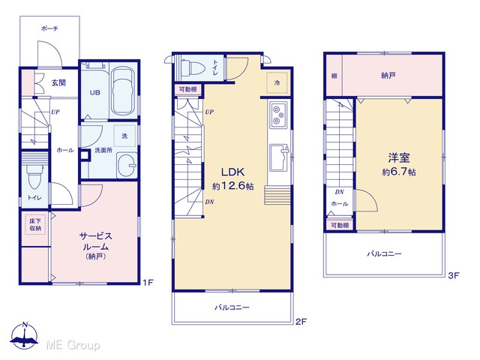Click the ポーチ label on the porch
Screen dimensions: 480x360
pyautogui.click(x=49, y=28)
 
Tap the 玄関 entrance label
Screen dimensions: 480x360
pyautogui.click(x=58, y=82)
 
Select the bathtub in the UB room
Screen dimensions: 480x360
pyautogui.click(x=124, y=91)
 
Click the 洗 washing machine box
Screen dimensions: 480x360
pyautogui.click(x=124, y=136)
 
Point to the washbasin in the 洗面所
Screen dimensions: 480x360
pyautogui.click(x=127, y=165)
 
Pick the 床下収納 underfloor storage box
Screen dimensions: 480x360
pyautogui.click(x=35, y=224)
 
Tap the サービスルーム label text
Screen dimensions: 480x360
pyautogui.click(x=95, y=241)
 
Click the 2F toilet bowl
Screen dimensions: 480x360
pyautogui.click(x=192, y=68)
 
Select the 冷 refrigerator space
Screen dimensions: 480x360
pyautogui.click(x=277, y=82)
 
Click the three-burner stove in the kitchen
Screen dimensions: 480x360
pyautogui.click(x=278, y=115)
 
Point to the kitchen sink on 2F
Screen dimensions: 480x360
pyautogui.click(x=279, y=157)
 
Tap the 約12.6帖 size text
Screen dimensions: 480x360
pyautogui.click(x=233, y=186)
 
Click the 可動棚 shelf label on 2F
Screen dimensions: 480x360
pyautogui.click(x=187, y=89)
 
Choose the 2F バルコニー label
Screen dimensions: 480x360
pyautogui.click(x=232, y=307)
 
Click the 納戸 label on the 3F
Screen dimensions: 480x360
pyautogui.click(x=388, y=75)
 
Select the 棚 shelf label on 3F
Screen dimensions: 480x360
pyautogui.click(x=334, y=76)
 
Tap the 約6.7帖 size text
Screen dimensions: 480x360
pyautogui.click(x=399, y=172)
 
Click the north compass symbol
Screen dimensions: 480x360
pyautogui.click(x=25, y=335)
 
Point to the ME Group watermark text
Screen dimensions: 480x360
pyautogui.click(x=73, y=345)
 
